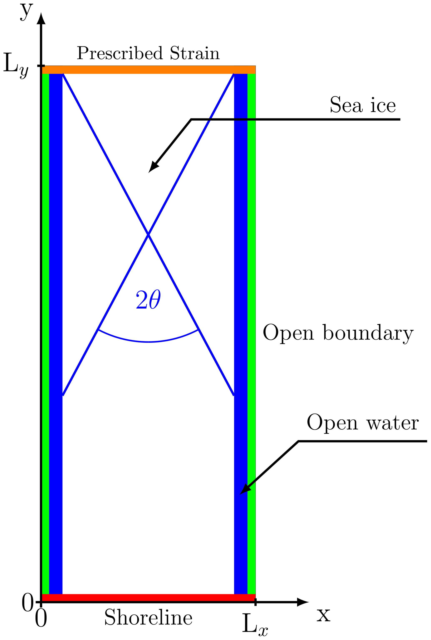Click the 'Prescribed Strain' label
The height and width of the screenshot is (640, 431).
tap(148, 53)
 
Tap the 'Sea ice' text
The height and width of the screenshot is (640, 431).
tap(363, 105)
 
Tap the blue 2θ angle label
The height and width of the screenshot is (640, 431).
tap(148, 299)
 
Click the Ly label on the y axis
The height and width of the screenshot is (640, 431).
tap(16, 67)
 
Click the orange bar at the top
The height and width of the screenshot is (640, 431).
tap(148, 70)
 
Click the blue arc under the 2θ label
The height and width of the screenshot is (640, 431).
tap(148, 342)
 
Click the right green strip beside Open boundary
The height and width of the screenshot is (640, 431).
tap(251, 330)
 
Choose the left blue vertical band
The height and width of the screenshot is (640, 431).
tap(56, 330)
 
